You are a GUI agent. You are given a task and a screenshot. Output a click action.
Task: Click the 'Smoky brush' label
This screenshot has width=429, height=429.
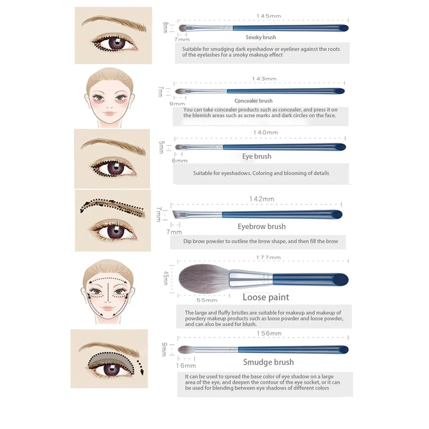pyautogui.click(x=261, y=38)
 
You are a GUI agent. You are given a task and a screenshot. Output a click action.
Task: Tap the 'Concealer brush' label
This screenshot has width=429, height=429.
pyautogui.click(x=253, y=101)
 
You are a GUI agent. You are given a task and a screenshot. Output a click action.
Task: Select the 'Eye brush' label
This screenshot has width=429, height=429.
pyautogui.click(x=256, y=157)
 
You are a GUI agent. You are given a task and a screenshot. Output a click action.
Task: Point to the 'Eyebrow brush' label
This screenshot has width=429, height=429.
pyautogui.click(x=261, y=227)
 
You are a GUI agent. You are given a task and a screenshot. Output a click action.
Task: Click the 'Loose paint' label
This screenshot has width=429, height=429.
pyautogui.click(x=265, y=297)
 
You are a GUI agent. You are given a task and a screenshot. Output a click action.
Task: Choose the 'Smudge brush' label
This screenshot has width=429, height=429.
pyautogui.click(x=268, y=363)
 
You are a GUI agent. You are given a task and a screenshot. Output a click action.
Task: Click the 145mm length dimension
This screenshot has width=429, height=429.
pyautogui.click(x=269, y=17)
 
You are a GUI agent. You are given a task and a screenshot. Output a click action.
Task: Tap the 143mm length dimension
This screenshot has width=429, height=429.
pyautogui.click(x=264, y=79)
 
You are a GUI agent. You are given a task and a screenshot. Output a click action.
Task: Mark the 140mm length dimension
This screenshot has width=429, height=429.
pyautogui.click(x=265, y=132)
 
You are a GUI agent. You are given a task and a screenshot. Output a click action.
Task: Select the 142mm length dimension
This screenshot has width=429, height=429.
pyautogui.click(x=261, y=199)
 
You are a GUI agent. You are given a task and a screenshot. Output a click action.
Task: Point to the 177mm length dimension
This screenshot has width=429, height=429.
pyautogui.click(x=268, y=258)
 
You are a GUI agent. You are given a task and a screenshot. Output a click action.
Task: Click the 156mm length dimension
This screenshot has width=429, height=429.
pyautogui.click(x=269, y=334)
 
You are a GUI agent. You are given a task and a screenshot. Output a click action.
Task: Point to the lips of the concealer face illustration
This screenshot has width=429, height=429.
pyautogui.click(x=109, y=114)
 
